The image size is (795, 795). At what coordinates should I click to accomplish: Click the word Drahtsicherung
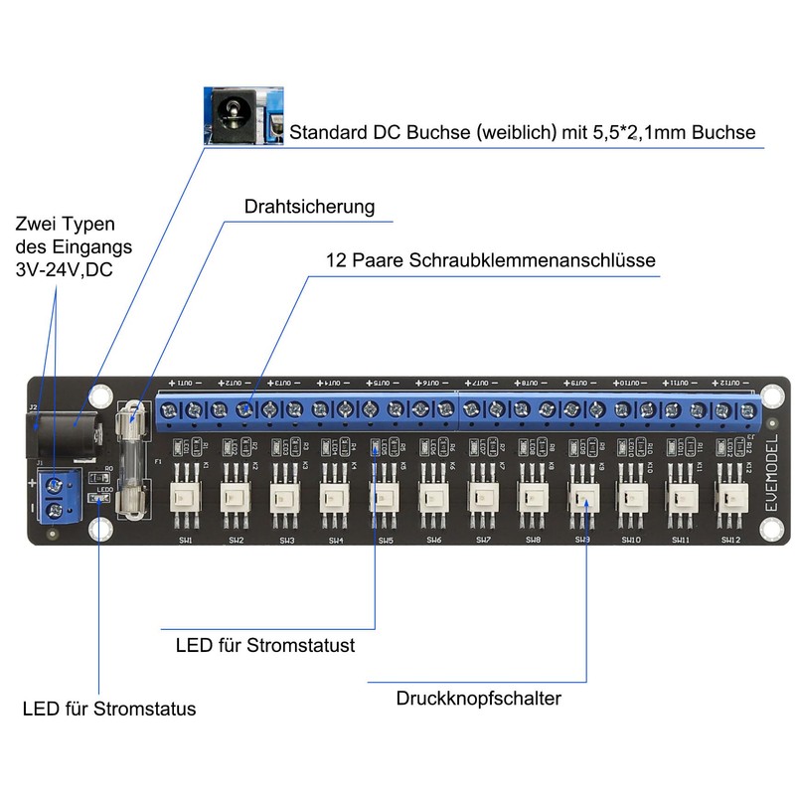(309, 207)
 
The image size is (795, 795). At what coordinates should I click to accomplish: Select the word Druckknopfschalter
(478, 698)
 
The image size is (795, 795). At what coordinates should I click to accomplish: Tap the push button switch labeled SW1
(186, 497)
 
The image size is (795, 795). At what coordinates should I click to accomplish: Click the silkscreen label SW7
(483, 540)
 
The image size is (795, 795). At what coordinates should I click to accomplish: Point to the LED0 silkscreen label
(105, 489)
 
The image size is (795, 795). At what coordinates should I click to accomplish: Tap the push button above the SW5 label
(385, 497)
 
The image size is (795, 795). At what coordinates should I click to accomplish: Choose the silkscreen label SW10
(631, 540)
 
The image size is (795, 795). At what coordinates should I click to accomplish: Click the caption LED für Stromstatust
(265, 646)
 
